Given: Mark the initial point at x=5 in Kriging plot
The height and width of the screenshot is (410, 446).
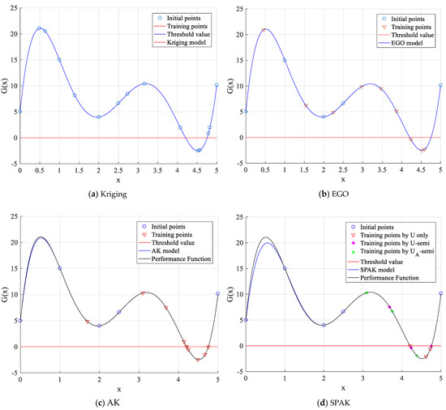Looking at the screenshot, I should coord(217,84).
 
